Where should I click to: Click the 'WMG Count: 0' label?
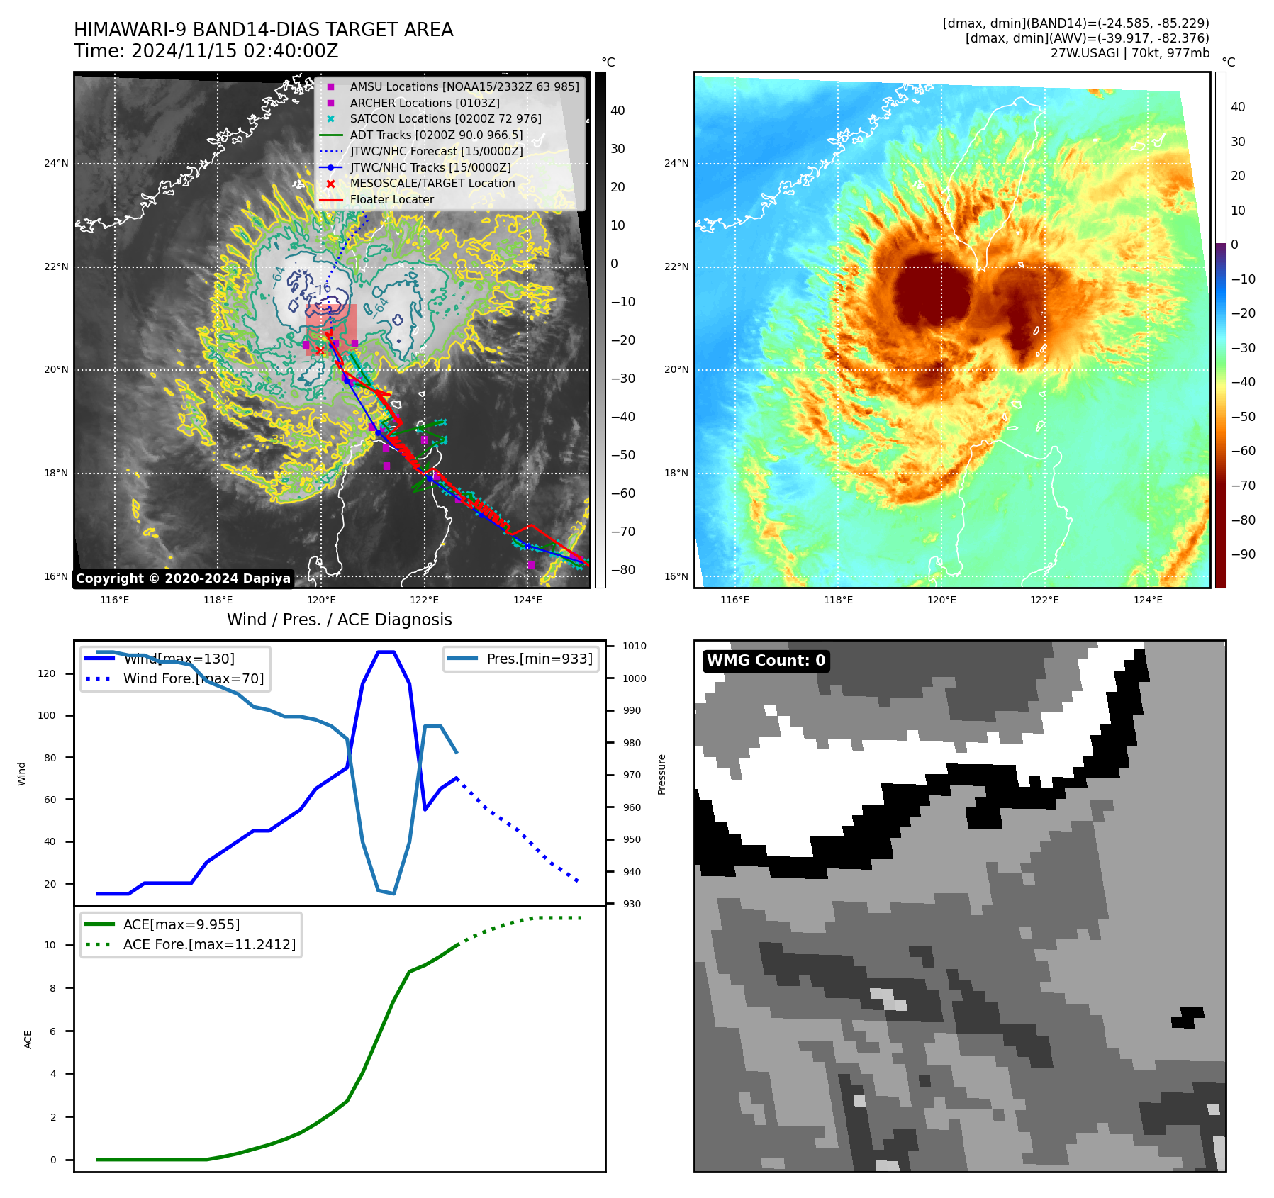(766, 661)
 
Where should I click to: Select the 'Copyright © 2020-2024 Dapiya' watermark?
(183, 578)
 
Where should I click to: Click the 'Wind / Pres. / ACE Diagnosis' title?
(339, 620)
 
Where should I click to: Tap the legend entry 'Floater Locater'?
(391, 200)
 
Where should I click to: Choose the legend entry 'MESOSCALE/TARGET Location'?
(432, 184)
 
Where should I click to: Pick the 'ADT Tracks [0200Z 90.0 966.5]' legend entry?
(436, 135)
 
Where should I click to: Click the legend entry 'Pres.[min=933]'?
(539, 659)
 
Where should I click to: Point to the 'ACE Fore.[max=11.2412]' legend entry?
(209, 944)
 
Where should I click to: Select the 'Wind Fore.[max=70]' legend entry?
(193, 678)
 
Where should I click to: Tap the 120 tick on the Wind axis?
(47, 673)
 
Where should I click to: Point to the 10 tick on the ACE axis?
(50, 945)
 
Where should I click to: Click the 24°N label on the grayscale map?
(57, 164)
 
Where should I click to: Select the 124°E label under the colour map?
(1148, 600)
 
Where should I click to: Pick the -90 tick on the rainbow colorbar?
(1243, 554)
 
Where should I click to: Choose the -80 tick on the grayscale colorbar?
(623, 570)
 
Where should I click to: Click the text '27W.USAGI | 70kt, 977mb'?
(1129, 53)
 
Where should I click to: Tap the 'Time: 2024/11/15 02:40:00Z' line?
(206, 51)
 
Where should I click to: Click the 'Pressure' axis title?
(661, 774)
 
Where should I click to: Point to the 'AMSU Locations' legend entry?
(464, 86)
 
